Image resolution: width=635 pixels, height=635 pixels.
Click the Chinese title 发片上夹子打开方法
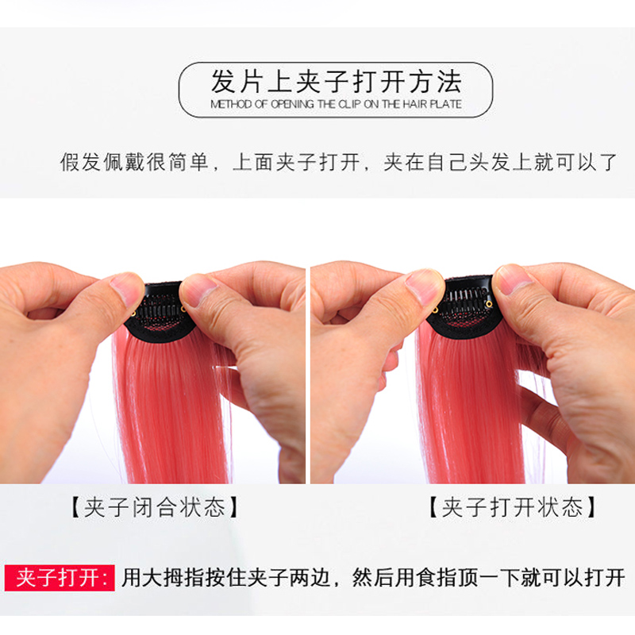click(x=335, y=82)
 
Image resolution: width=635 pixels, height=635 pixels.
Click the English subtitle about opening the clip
click(x=336, y=104)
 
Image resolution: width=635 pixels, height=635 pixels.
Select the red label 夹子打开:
click(x=60, y=577)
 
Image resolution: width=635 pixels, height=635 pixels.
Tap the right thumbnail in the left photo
click(x=198, y=289)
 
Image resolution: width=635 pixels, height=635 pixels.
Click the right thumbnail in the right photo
click(x=513, y=278)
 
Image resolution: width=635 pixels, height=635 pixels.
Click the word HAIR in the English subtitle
click(x=417, y=104)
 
